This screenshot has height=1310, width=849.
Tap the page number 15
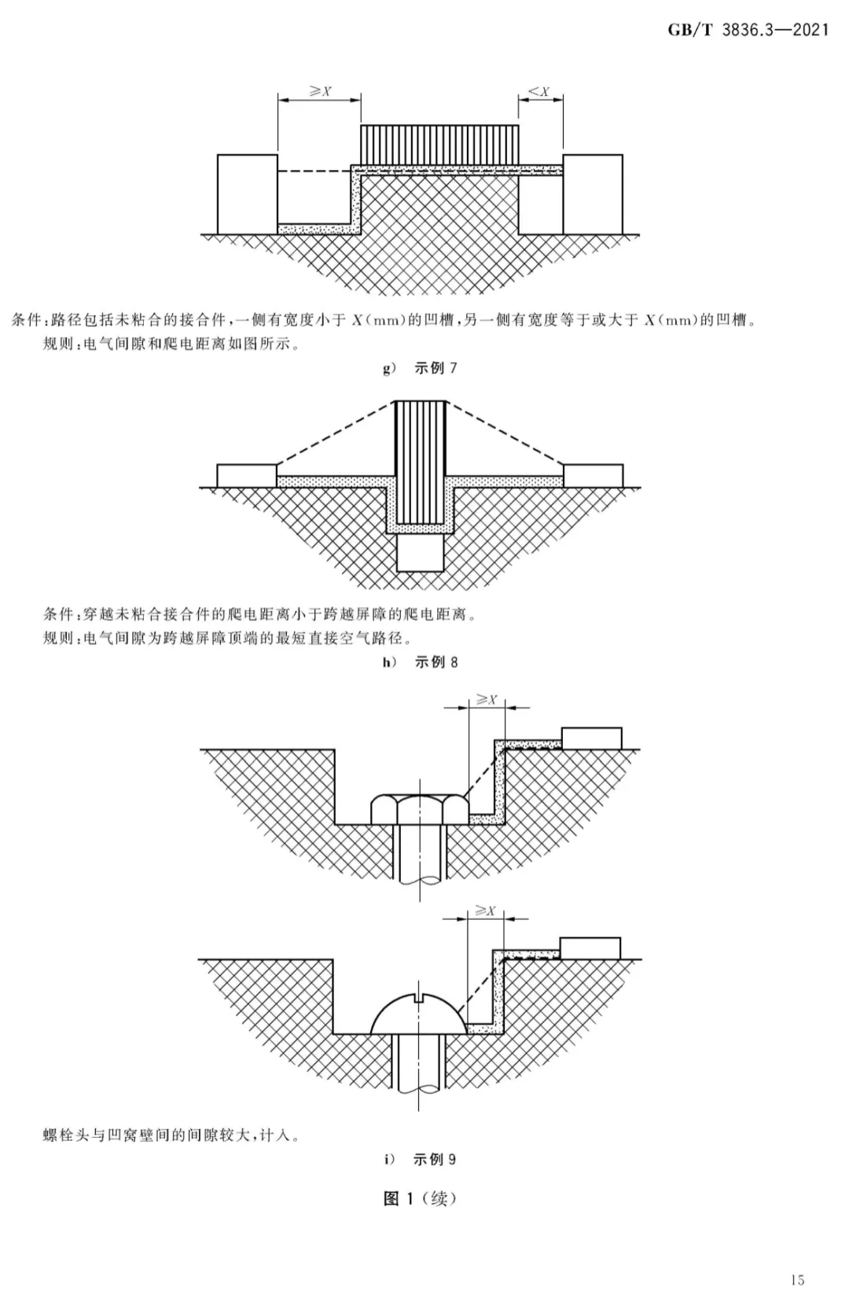(798, 1280)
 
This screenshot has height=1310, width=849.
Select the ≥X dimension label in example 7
(320, 91)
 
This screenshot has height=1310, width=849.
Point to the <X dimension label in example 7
(539, 91)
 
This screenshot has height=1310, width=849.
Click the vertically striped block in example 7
(439, 145)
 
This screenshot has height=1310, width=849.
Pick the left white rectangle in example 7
(248, 194)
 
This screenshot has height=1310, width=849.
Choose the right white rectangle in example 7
(593, 194)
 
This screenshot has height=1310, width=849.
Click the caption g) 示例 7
(420, 369)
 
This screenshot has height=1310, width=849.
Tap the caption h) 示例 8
(420, 662)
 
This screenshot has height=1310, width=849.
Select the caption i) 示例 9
(420, 1159)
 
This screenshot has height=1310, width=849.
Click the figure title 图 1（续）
(420, 1198)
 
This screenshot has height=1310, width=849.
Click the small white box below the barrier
(421, 552)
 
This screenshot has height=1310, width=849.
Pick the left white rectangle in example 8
(247, 476)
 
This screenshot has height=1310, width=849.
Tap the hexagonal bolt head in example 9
(420, 809)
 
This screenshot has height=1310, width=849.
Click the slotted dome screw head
(419, 1013)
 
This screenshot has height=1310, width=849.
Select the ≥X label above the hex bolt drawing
(487, 700)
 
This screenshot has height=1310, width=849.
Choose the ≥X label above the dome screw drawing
(485, 911)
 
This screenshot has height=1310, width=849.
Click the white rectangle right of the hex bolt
(592, 738)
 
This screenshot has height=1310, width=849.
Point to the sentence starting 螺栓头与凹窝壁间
(172, 1120)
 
